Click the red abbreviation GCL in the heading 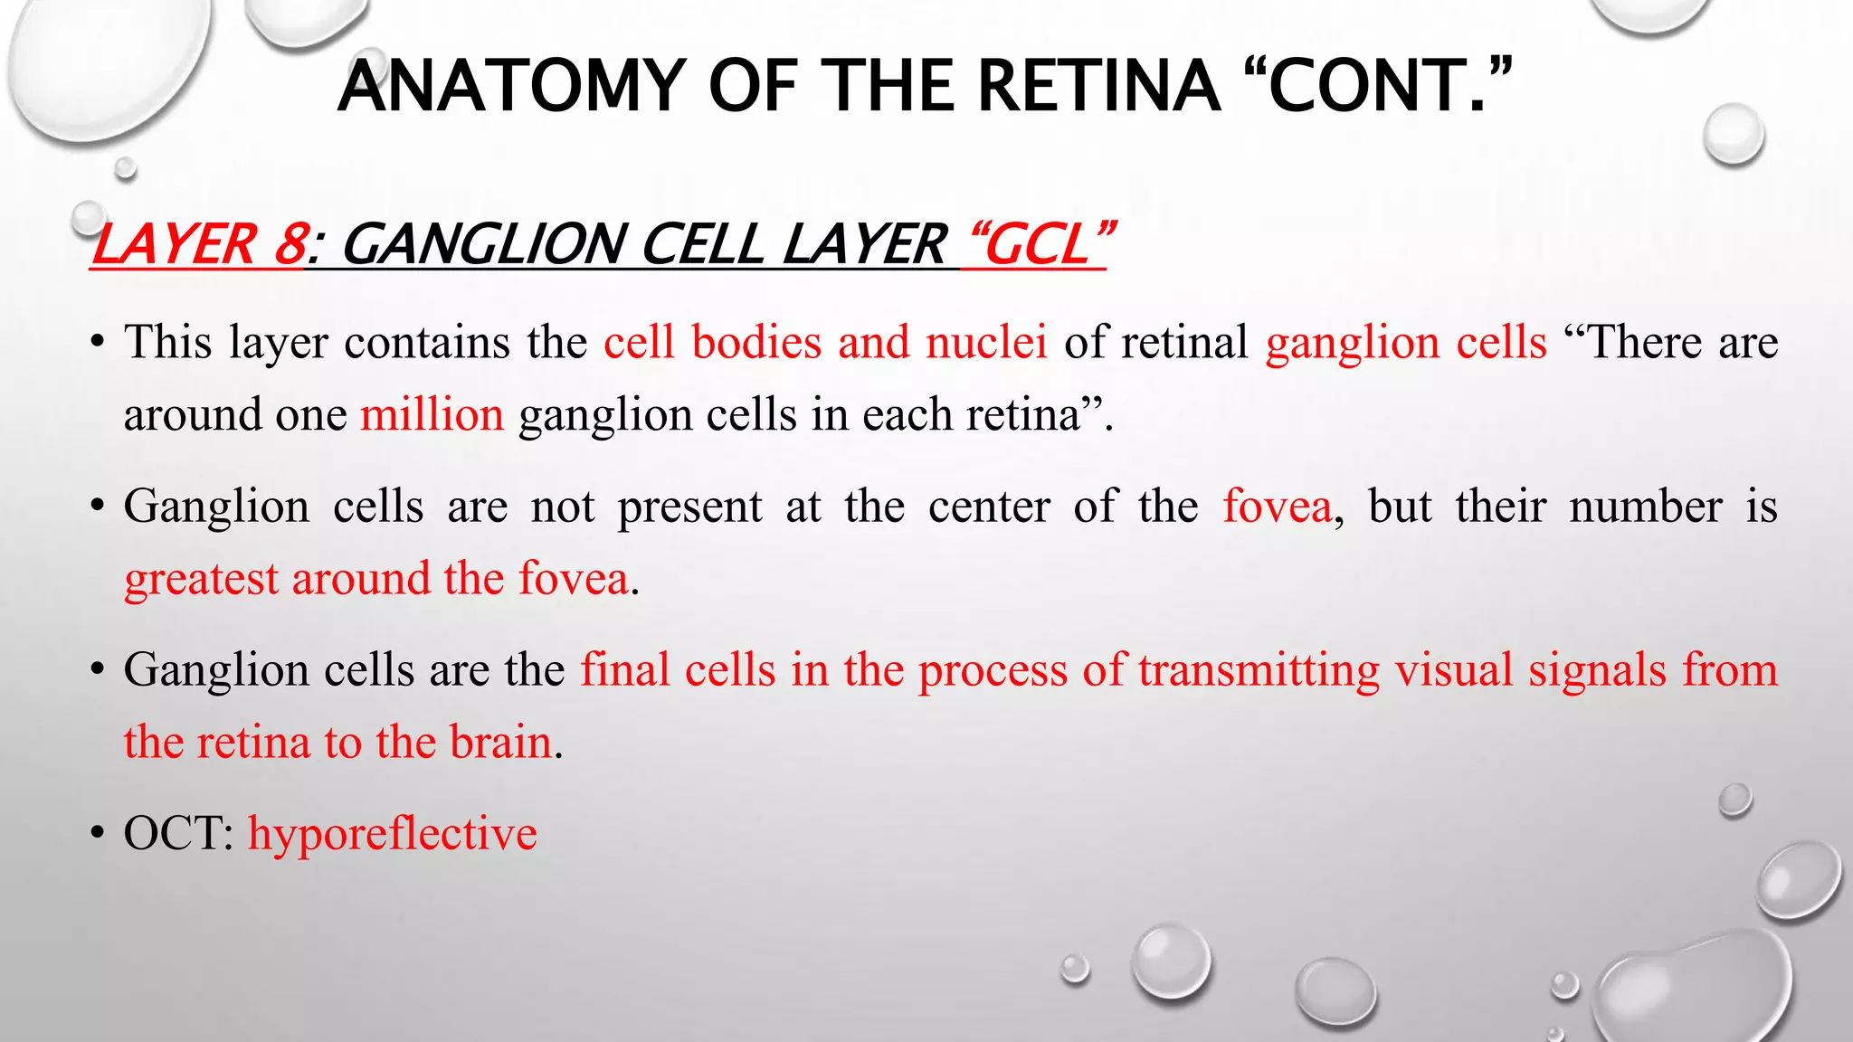click(1038, 245)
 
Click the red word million click(432, 415)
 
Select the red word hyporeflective click(392, 833)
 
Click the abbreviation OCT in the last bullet click(178, 833)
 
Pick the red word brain click(500, 742)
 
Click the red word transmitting click(1259, 670)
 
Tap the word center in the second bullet click(989, 506)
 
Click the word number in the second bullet click(1645, 506)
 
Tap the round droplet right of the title click(1733, 134)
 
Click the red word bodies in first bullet click(756, 343)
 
